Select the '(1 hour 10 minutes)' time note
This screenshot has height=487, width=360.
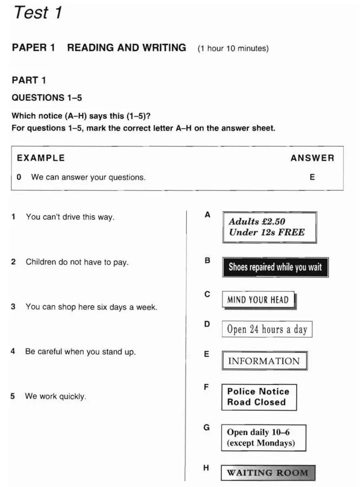click(233, 49)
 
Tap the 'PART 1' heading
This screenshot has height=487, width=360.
click(29, 80)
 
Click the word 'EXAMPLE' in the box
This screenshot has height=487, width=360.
click(40, 158)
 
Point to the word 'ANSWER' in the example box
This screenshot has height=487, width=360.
click(312, 158)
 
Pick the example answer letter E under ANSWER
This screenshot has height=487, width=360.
click(312, 177)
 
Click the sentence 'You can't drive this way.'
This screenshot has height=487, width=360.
click(70, 217)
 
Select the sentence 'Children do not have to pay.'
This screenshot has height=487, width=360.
click(77, 262)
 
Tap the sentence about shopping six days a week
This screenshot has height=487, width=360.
click(91, 307)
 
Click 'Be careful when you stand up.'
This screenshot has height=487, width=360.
click(80, 351)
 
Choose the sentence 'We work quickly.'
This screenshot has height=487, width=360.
click(56, 396)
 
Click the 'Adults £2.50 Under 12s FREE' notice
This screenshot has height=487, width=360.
click(269, 227)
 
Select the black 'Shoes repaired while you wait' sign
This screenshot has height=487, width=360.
click(275, 267)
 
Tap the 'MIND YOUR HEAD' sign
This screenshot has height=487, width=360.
click(259, 300)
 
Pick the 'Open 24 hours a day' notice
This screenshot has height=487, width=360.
click(267, 329)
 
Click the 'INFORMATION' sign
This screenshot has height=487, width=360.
click(264, 361)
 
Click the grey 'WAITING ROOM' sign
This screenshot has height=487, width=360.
click(268, 473)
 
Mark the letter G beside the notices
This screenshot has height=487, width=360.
click(207, 428)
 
